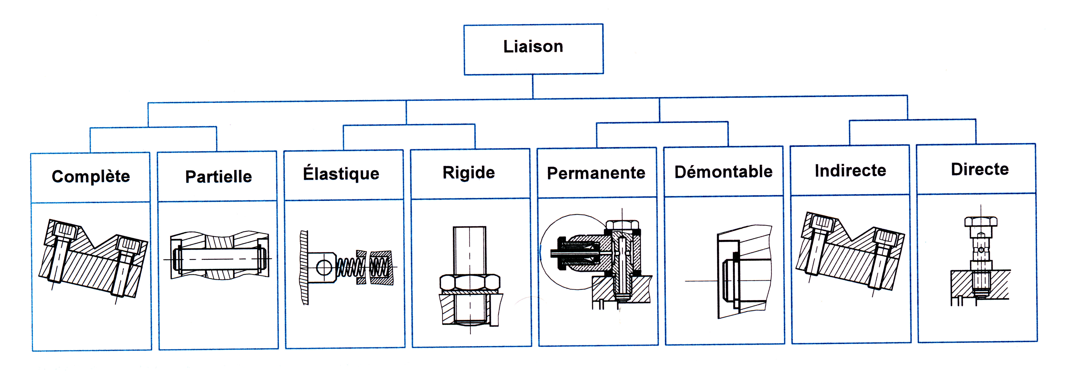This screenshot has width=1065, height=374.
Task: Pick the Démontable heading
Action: click(x=723, y=171)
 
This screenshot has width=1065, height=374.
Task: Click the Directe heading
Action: click(x=980, y=169)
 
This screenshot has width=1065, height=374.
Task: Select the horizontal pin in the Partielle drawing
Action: click(x=219, y=259)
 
